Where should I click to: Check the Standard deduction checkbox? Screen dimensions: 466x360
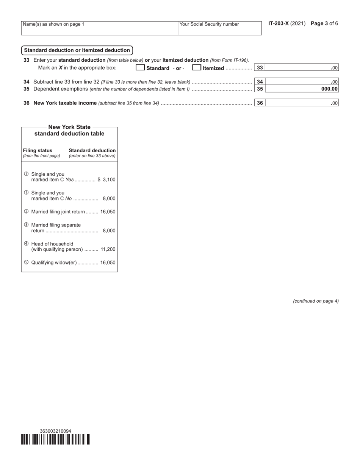coord(140,68)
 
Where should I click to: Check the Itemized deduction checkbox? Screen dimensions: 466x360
coord(197,68)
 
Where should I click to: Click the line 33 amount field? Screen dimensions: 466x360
coord(301,68)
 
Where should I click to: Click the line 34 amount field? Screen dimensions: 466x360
coord(301,82)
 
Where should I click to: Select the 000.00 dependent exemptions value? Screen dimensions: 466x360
coord(329,89)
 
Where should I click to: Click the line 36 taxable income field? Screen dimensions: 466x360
coord(301,103)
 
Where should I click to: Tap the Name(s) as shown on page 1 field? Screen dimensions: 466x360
coord(99,28)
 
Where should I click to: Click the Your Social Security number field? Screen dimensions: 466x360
coord(219,28)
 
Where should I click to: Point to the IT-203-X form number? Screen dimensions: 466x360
coord(279,23)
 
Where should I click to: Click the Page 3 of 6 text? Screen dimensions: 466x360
coord(324,23)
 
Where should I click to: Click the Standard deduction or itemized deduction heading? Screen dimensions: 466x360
coord(77,50)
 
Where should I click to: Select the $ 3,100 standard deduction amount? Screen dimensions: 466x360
coord(106,180)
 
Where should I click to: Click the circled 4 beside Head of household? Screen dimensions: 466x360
coord(26,244)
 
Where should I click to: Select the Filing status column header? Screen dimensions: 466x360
coord(38,150)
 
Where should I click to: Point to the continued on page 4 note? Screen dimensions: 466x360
coord(316,301)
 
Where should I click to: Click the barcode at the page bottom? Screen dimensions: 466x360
coord(56,439)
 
